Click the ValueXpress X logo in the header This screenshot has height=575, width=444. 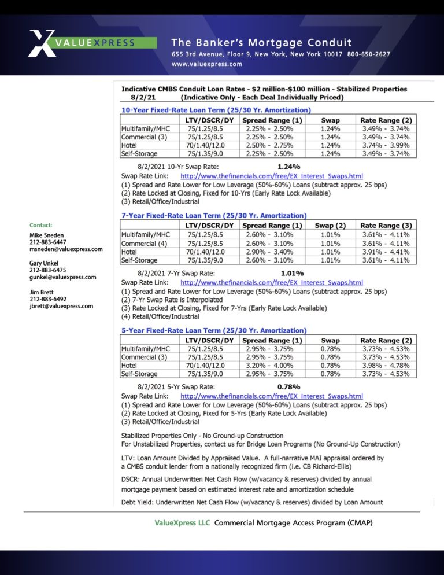click(x=42, y=43)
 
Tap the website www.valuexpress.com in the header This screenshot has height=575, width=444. click(x=206, y=64)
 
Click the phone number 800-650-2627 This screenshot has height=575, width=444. click(x=368, y=54)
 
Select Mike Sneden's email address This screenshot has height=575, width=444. click(x=66, y=249)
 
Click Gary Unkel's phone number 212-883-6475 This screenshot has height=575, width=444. click(x=47, y=270)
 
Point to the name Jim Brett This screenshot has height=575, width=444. click(x=42, y=293)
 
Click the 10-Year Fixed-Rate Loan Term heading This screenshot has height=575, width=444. click(x=216, y=110)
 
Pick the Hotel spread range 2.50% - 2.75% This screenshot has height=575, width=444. click(x=269, y=146)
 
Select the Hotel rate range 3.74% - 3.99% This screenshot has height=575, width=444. click(x=386, y=146)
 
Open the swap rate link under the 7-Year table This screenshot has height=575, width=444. click(x=272, y=283)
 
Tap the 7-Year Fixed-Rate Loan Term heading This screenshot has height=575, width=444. click(x=214, y=216)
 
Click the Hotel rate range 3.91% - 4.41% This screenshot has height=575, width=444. click(x=386, y=252)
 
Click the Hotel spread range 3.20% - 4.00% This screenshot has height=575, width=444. click(x=269, y=366)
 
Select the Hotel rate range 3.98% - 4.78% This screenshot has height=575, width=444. click(x=386, y=366)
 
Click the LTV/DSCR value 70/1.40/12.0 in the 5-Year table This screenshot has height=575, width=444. click(x=205, y=366)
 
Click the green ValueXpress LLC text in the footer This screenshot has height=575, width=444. click(x=182, y=523)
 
